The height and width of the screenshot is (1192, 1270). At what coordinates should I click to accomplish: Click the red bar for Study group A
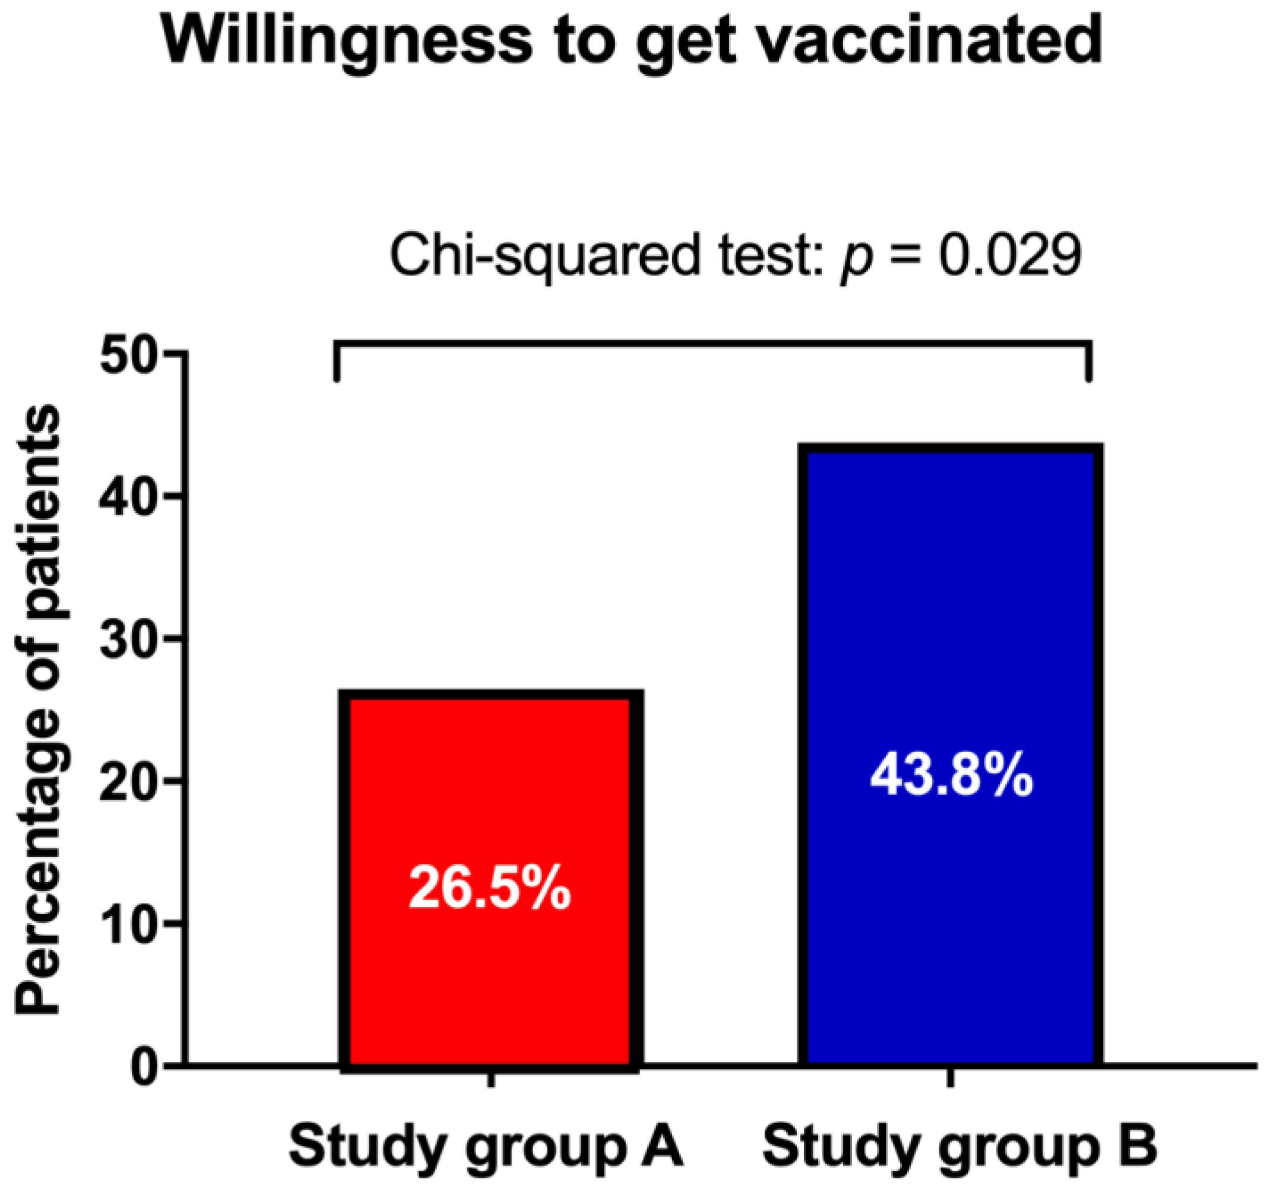tap(490, 798)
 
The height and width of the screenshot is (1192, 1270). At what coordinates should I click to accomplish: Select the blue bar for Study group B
tap(951, 639)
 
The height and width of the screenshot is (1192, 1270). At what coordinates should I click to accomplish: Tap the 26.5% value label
tap(489, 888)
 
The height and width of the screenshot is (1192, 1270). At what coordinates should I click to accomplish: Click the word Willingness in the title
tap(345, 42)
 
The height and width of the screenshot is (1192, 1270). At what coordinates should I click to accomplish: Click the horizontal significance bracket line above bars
tap(712, 345)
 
